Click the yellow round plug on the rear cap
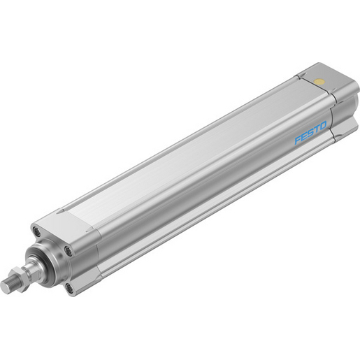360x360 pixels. click(319, 82)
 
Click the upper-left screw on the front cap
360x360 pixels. click(35, 232)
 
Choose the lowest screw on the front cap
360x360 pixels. click(69, 287)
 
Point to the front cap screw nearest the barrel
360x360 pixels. click(68, 250)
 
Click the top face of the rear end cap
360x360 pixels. click(318, 78)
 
